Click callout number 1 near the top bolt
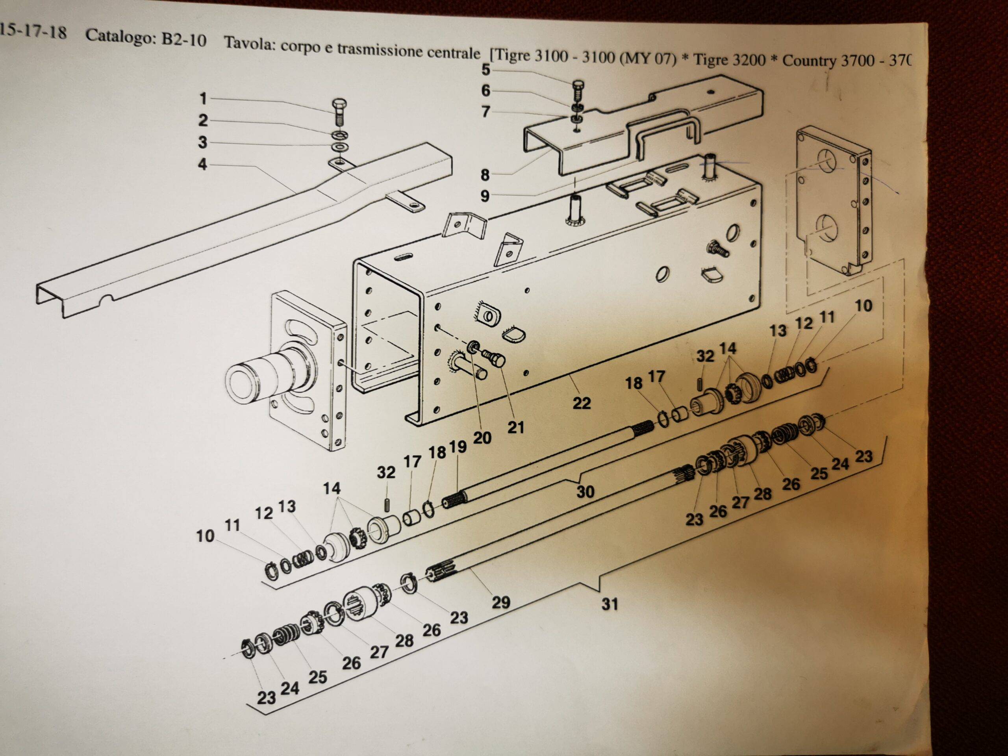(203, 98)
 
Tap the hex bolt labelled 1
(339, 113)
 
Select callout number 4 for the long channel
(203, 164)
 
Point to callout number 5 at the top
(486, 69)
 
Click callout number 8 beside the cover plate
(485, 175)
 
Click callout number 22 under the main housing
(582, 403)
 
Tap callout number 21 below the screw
(515, 428)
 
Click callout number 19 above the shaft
(458, 447)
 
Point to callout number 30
(586, 492)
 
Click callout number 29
(501, 602)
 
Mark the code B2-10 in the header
(183, 40)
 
